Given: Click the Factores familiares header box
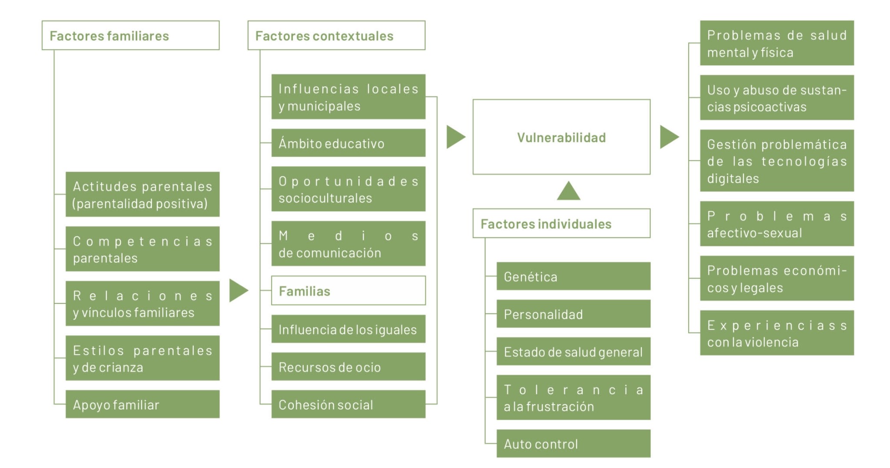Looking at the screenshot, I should [x=130, y=35].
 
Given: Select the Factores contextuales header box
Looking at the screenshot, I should [x=336, y=35].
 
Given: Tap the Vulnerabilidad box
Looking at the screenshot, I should [x=561, y=137].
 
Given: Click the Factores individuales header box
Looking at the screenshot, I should [x=561, y=223].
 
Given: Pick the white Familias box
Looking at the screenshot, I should [x=348, y=290].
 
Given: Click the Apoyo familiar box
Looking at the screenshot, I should [x=142, y=404].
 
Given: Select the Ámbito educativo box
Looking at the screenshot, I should [x=348, y=143].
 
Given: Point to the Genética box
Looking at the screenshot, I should [x=573, y=276].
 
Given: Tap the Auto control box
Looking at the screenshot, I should [x=573, y=443].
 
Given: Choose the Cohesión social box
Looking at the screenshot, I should [x=348, y=404].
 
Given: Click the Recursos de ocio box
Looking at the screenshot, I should [x=348, y=367].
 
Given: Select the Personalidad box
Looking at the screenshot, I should [x=573, y=314].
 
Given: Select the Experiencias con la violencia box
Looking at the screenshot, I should [x=777, y=333].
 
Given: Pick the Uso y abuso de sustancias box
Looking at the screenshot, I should [x=777, y=98].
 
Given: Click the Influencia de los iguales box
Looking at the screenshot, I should [x=348, y=329].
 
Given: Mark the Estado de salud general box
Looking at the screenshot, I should [x=573, y=351].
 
